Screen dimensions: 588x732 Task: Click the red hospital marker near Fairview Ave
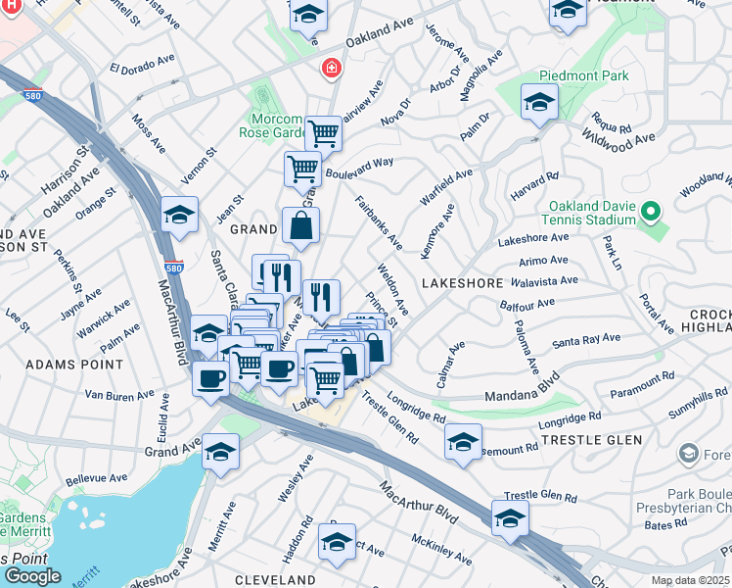[332, 68]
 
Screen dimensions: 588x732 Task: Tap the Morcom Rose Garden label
[269, 125]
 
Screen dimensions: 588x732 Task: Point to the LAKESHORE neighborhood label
[461, 281]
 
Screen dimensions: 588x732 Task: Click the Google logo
[32, 575]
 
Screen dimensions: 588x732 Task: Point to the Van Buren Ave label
[120, 395]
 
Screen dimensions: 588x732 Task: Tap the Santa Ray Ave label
[586, 339]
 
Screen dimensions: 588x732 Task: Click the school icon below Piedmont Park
[538, 102]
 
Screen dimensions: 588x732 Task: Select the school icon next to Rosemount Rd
[463, 440]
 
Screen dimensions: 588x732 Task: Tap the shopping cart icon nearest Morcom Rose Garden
[322, 132]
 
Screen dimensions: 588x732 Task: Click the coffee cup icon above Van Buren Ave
[210, 378]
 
